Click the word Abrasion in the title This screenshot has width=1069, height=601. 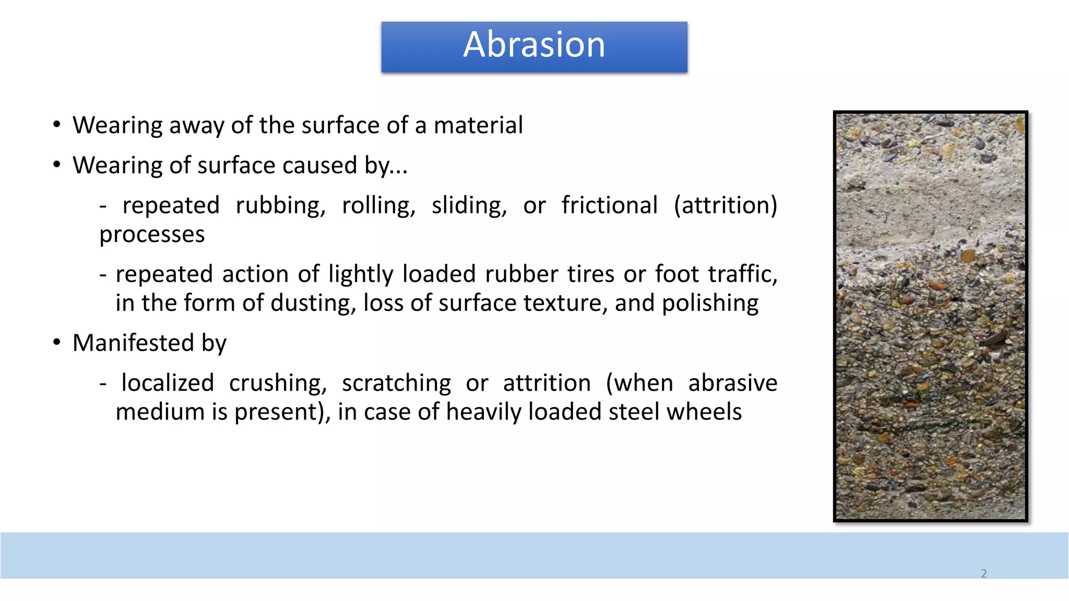(x=534, y=45)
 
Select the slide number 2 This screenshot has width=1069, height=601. (x=984, y=573)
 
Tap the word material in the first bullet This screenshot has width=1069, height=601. (x=478, y=126)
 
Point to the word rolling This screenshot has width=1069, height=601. (x=378, y=206)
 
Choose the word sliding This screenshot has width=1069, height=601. (x=469, y=206)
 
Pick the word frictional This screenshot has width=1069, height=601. (x=609, y=206)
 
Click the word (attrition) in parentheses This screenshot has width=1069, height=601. (x=725, y=206)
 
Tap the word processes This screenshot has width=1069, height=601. (x=152, y=235)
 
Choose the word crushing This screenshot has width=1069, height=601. (x=278, y=383)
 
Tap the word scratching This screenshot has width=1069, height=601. (x=396, y=383)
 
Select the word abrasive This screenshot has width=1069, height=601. (x=732, y=383)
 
